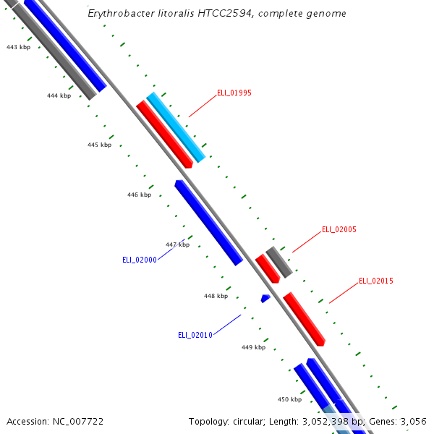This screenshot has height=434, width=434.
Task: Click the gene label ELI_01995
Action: pos(234,93)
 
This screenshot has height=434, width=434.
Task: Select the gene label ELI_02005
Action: pos(339,229)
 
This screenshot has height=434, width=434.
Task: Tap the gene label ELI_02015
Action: pos(376,281)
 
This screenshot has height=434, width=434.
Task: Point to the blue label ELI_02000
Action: pos(140,260)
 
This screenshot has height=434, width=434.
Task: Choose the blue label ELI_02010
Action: pos(195,335)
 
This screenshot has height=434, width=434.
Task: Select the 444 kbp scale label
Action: pos(59,95)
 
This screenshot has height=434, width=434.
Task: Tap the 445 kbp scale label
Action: pos(99,145)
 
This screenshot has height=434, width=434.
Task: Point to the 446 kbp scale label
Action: pos(139,195)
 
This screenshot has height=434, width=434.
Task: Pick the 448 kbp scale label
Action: pos(216,296)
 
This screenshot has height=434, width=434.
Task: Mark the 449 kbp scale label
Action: pos(253,347)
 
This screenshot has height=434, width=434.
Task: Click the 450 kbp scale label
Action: pos(289,399)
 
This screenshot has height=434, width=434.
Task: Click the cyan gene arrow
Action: pos(176,127)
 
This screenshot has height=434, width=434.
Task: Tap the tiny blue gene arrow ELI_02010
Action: pos(265,298)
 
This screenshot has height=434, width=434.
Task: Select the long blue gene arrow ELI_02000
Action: pos(208,223)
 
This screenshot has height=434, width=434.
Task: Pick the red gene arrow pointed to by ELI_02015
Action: pos(304,319)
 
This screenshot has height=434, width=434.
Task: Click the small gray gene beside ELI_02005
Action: pos(279,262)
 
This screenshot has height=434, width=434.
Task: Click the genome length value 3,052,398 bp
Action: pos(331,421)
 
